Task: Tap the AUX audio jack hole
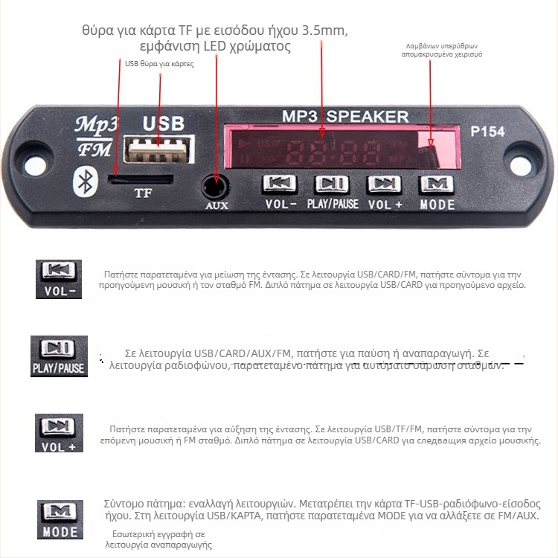pyautogui.click(x=217, y=184)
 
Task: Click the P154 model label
pyautogui.click(x=487, y=132)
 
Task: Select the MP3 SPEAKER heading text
pyautogui.click(x=345, y=116)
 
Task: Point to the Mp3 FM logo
pyautogui.click(x=93, y=136)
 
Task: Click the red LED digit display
pyautogui.click(x=321, y=153)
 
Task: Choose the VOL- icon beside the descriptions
pyautogui.click(x=59, y=279)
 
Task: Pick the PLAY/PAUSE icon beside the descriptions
pyautogui.click(x=59, y=356)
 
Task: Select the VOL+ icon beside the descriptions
pyautogui.click(x=59, y=433)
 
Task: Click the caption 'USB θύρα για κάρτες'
pyautogui.click(x=159, y=64)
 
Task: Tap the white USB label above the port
pyautogui.click(x=163, y=123)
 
